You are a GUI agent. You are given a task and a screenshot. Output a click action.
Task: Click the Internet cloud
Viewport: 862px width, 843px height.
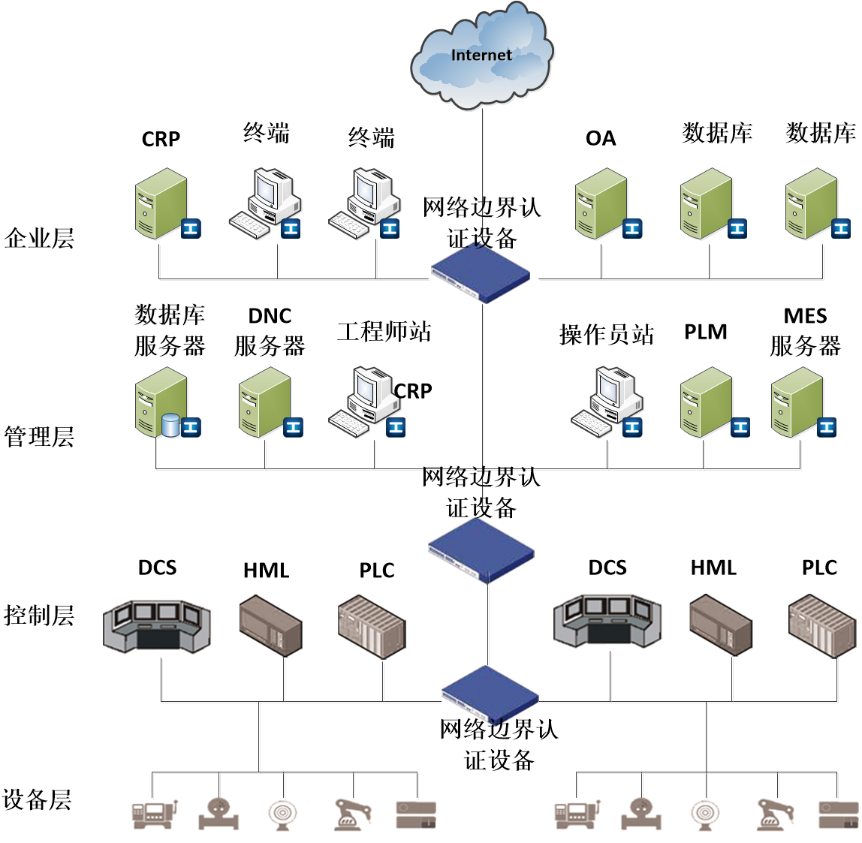coord(482,56)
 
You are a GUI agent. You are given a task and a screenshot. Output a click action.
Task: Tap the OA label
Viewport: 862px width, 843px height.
coord(601,138)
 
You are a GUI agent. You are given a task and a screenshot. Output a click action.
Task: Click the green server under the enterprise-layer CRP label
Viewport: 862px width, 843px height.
coord(161,203)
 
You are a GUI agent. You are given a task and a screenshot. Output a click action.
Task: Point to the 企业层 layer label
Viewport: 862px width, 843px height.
coord(39,238)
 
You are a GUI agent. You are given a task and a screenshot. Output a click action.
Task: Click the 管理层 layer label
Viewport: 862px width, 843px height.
coord(39,437)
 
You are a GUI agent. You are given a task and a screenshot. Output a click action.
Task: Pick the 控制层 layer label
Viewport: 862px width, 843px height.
coord(39,616)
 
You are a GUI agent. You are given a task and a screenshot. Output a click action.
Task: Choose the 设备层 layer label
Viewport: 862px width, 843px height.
coord(37,799)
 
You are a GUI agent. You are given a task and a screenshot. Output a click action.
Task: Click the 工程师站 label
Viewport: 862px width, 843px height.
coord(384,331)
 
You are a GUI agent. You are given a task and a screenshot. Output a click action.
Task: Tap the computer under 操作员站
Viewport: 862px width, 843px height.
coord(607,402)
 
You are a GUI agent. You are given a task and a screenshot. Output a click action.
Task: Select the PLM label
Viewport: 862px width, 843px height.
coord(705,332)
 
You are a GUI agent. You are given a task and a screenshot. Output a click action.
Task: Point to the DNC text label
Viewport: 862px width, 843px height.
coord(270,316)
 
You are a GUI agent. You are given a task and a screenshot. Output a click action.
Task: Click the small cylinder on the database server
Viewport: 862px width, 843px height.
coord(170,426)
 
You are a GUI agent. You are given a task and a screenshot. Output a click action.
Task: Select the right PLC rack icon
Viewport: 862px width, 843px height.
coord(822,627)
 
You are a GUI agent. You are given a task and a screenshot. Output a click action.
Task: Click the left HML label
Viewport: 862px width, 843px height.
coord(266,571)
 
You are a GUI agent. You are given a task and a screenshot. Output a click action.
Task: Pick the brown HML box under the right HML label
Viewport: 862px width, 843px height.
coord(721,625)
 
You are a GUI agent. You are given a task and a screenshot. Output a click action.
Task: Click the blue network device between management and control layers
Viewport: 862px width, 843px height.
coord(481,550)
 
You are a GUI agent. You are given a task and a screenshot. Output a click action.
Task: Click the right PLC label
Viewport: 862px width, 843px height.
coord(819,568)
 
